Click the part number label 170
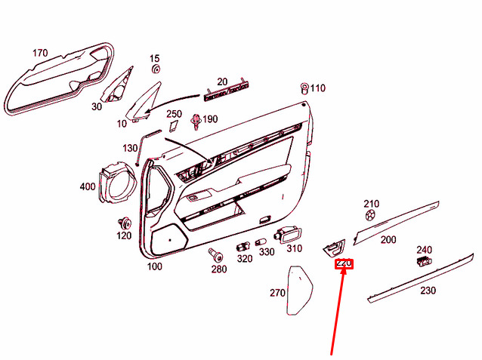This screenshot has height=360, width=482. point(40,53)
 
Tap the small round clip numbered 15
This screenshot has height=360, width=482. point(156,69)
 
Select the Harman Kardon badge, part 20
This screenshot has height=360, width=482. point(226,92)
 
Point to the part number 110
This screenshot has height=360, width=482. point(317,88)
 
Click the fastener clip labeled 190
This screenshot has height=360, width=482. point(196,122)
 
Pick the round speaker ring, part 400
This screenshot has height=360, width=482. point(117,183)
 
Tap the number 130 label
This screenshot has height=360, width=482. point(130,148)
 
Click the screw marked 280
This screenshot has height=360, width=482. point(216,254)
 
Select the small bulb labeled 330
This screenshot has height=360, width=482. point(261,242)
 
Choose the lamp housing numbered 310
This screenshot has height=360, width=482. point(287,235)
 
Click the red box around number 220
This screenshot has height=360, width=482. point(344,264)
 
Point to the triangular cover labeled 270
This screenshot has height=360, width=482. point(300,291)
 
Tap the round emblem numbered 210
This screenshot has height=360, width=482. point(370,215)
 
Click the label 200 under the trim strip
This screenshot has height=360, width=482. point(388,239)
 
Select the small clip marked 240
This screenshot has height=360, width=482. point(424,261)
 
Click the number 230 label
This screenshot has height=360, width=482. point(428,291)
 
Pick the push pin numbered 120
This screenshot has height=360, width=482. point(125,223)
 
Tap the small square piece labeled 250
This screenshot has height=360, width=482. point(174,126)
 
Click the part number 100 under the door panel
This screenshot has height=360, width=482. point(154,266)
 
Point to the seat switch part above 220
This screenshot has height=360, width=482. point(334,248)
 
